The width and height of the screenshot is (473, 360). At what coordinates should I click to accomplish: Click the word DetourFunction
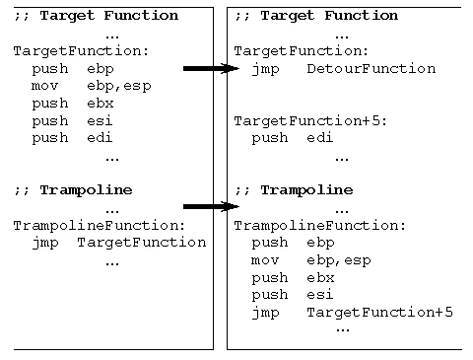(371, 69)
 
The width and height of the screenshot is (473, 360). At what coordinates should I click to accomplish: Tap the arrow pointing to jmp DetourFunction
(211, 69)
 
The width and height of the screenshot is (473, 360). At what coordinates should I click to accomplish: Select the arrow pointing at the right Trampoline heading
(211, 207)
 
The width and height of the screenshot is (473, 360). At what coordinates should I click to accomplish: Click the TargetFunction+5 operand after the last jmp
(379, 313)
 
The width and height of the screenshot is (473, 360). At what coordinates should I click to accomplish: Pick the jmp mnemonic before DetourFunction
(266, 69)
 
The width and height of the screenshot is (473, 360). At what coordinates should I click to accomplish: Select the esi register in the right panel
(318, 295)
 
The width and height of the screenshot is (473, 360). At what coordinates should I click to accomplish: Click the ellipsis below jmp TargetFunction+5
(342, 328)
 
